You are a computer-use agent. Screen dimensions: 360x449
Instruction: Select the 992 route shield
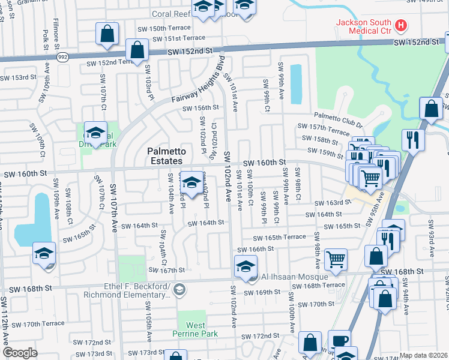[x=62, y=56]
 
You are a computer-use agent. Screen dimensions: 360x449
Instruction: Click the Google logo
[x=20, y=353]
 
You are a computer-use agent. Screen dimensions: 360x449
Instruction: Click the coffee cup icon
[x=339, y=340]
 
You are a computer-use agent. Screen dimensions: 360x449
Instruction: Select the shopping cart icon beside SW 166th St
[x=336, y=259]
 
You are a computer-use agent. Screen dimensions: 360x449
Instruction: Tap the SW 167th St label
[x=163, y=270]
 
